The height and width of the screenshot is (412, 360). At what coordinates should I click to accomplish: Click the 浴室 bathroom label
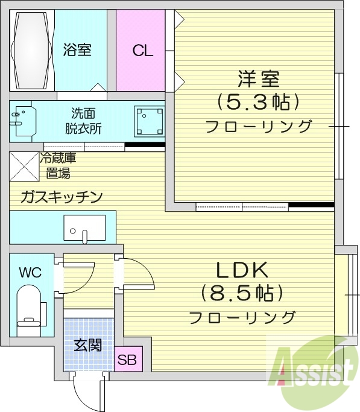tap(77, 49)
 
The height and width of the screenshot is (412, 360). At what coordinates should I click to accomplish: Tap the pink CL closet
tap(143, 50)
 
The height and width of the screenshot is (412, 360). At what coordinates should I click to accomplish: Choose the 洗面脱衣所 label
tap(83, 120)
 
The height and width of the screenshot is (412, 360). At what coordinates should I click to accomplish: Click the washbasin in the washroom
tap(23, 122)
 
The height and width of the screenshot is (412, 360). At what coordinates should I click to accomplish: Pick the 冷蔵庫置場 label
tap(58, 166)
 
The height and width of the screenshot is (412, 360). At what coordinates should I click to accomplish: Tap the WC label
tap(30, 272)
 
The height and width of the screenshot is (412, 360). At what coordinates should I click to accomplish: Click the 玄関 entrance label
tap(87, 346)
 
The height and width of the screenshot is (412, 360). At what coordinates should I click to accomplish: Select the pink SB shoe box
tap(127, 361)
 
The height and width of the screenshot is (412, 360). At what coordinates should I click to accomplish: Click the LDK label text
tap(240, 270)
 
